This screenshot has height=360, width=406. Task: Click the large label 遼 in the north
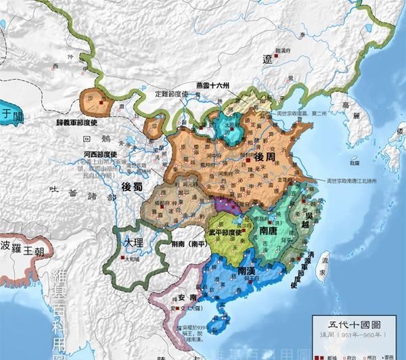coord(268,60)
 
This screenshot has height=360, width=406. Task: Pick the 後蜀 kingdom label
coord(132,186)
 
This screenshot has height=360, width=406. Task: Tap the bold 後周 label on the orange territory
coord(264,157)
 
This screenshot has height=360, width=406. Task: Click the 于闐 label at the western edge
coord(9,115)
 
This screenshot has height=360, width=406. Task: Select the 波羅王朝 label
coord(23,245)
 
